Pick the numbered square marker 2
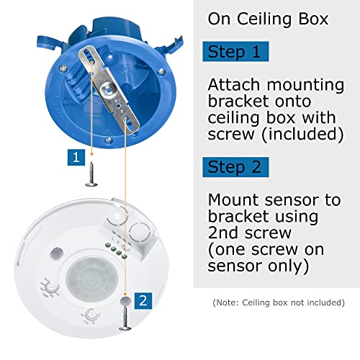(143, 300)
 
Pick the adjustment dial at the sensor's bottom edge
(92, 318)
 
